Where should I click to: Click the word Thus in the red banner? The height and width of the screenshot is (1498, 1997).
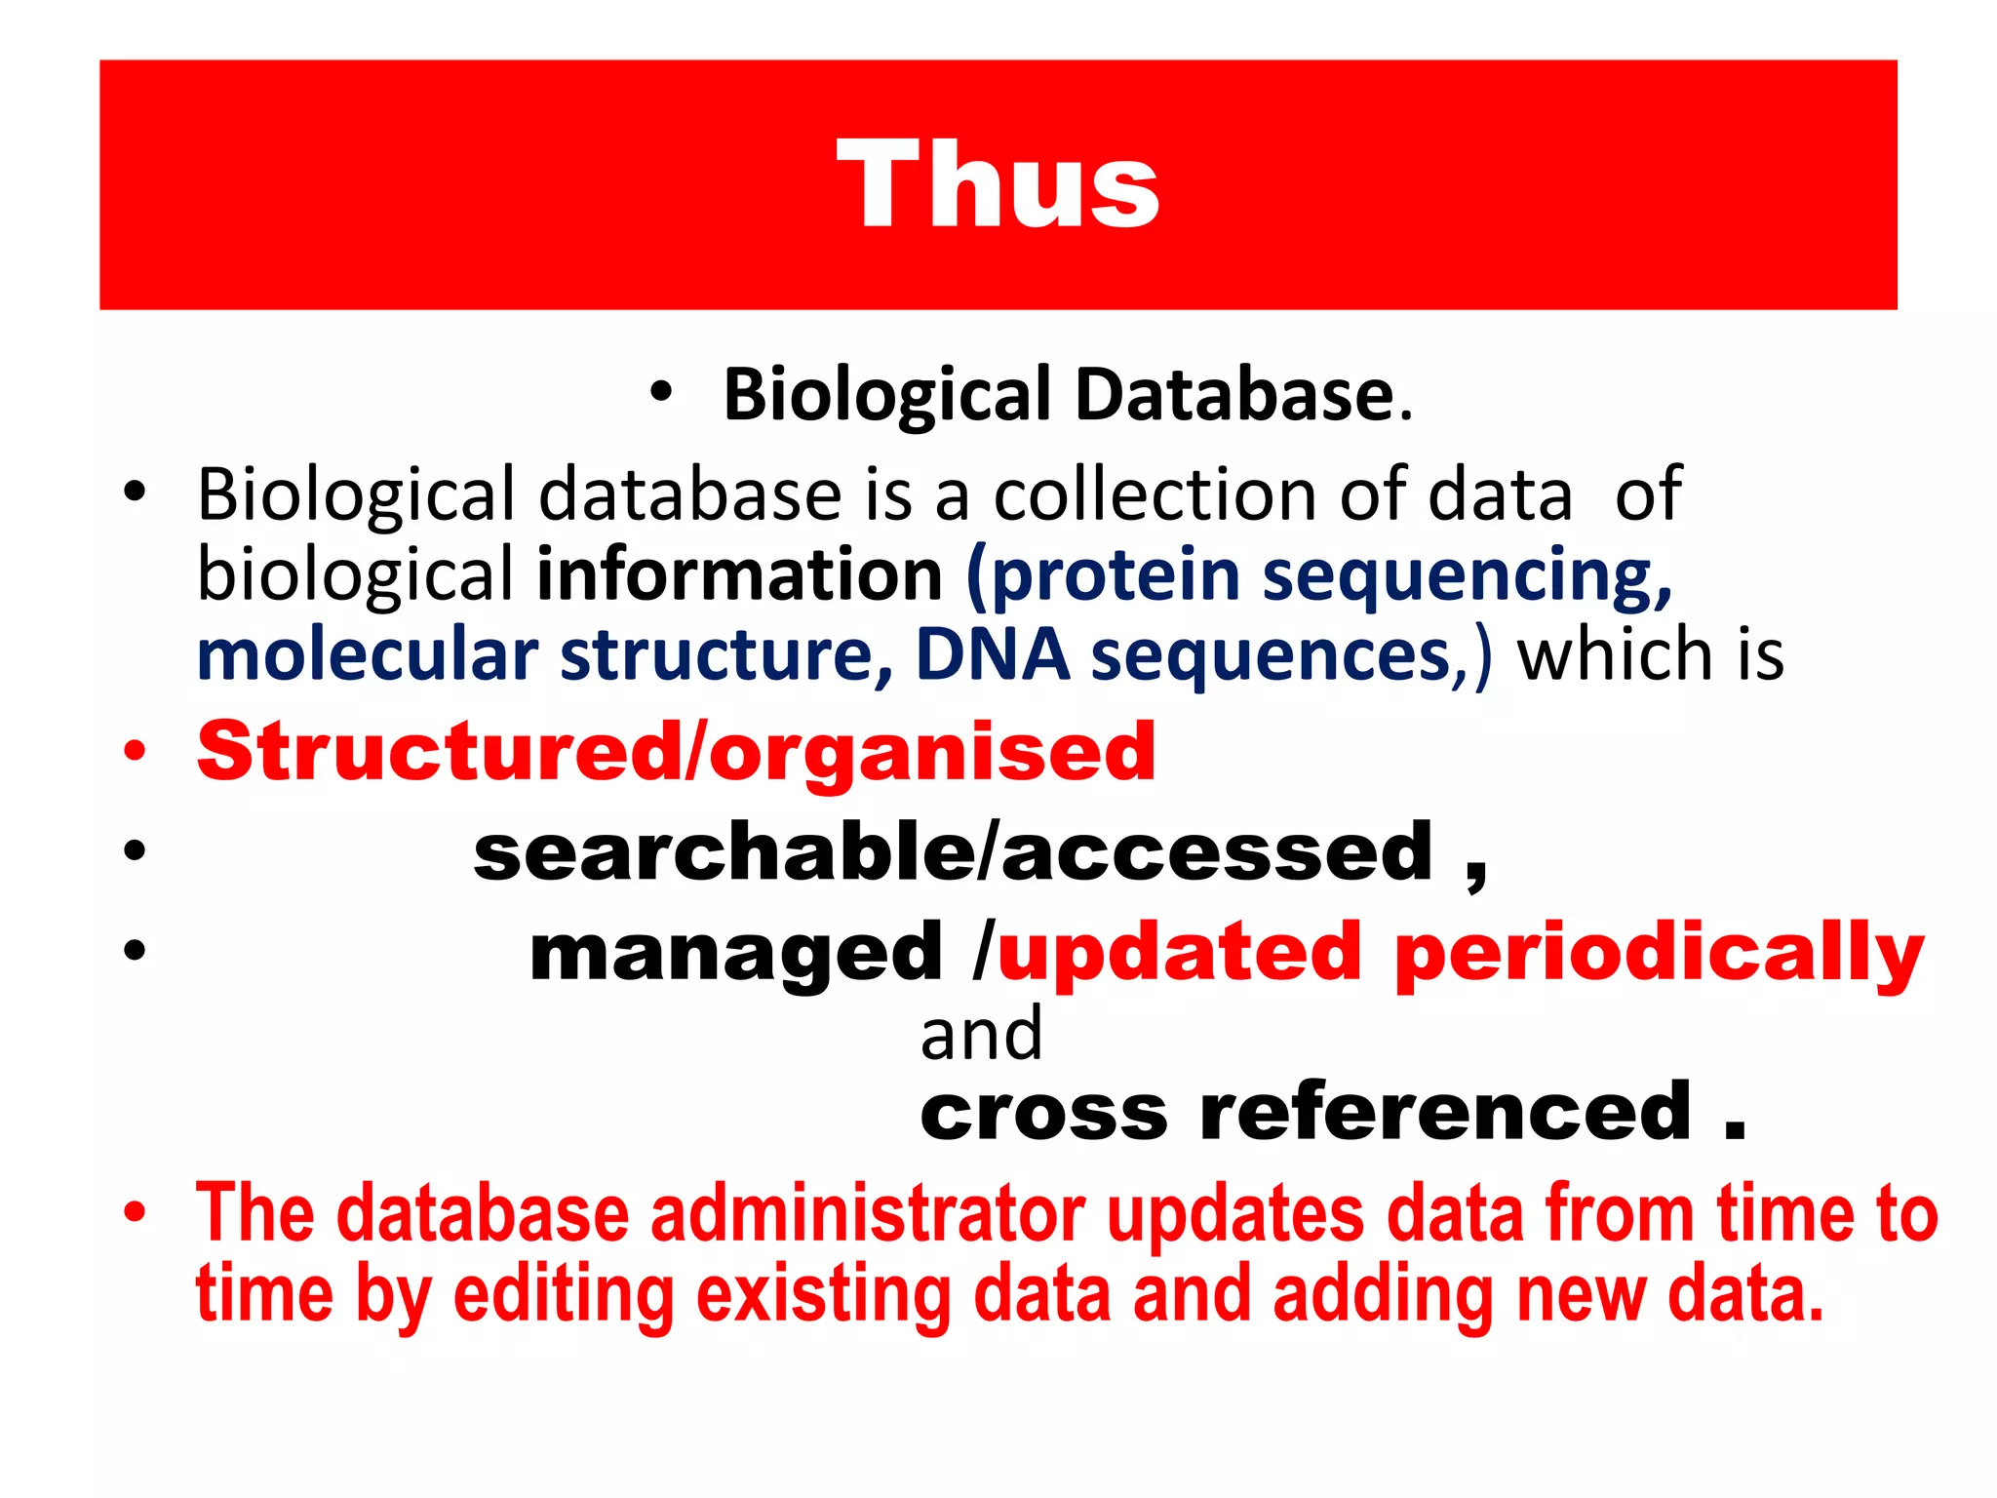tap(998, 184)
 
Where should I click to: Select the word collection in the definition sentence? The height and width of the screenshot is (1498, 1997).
tap(1155, 494)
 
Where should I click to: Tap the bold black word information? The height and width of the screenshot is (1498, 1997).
tap(739, 574)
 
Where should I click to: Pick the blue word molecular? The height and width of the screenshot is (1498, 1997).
tap(368, 654)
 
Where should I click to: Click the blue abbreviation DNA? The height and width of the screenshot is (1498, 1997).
tap(992, 654)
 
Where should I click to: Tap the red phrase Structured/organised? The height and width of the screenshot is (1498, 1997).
tap(676, 753)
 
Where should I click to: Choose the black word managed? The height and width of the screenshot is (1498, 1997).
tap(735, 955)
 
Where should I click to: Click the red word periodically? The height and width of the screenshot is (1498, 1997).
tap(1659, 955)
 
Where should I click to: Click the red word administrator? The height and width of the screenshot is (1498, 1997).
tap(868, 1214)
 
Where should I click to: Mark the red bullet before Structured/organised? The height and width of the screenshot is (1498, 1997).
tap(135, 751)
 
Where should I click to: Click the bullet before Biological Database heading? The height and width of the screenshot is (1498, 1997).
tap(661, 393)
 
